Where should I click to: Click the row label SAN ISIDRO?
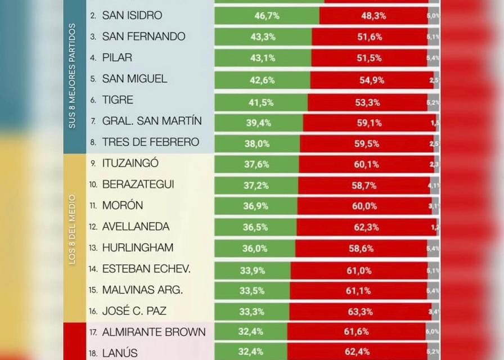pos(132,15)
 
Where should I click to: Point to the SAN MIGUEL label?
pos(134,79)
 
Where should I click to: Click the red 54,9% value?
pos(372,80)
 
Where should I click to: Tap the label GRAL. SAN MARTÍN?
pos(152,121)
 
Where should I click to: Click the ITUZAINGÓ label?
pos(130,163)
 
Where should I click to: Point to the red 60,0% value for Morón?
pos(364,206)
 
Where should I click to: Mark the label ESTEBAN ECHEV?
pos(146,269)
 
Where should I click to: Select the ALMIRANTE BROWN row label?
pos(154,332)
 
